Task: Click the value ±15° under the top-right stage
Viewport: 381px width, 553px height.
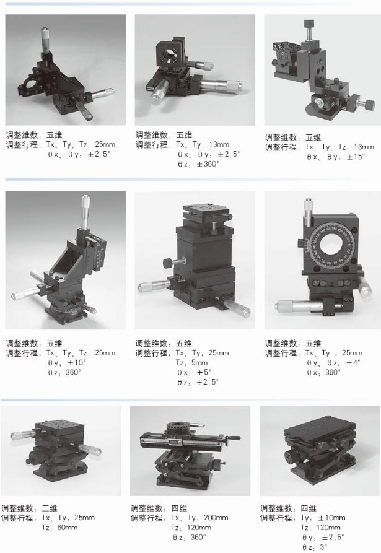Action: (x=356, y=157)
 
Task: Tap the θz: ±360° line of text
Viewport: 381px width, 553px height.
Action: (x=198, y=164)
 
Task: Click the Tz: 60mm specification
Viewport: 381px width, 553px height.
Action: (x=59, y=528)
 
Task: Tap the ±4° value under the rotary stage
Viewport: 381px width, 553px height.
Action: (x=353, y=362)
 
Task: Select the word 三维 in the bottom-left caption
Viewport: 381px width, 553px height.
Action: (x=50, y=508)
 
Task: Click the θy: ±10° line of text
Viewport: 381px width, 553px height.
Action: (x=67, y=362)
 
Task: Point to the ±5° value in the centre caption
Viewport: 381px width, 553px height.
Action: (x=204, y=372)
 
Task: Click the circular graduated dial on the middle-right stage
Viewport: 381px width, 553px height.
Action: (x=331, y=244)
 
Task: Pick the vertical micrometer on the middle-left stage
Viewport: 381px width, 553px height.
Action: (x=85, y=211)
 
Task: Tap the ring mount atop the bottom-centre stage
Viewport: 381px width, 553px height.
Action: (x=180, y=427)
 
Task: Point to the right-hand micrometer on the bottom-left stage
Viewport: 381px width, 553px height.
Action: (x=89, y=450)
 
